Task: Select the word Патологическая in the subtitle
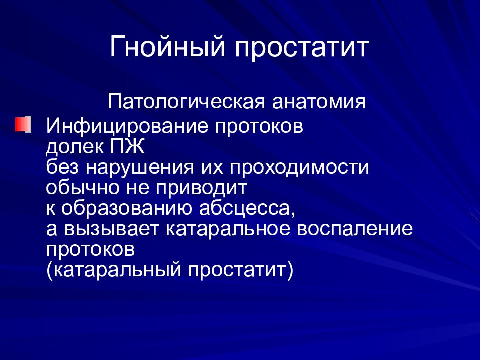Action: (187, 103)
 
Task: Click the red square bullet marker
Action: (23, 124)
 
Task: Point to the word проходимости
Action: (299, 168)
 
